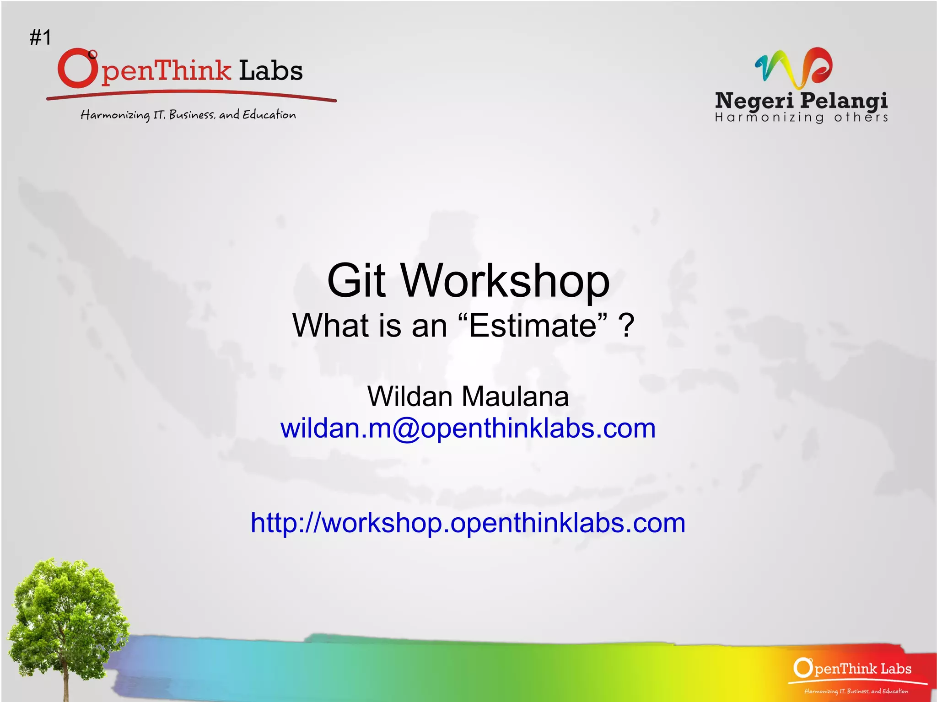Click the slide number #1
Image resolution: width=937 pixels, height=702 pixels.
[x=40, y=38]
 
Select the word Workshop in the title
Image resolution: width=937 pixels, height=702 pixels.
[x=505, y=281]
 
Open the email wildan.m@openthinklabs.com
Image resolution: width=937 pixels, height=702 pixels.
[x=468, y=429]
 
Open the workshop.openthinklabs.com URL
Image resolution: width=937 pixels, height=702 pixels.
[x=468, y=522]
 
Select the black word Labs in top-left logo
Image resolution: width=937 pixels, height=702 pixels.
[x=270, y=70]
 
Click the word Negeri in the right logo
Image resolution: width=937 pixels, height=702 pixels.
[x=754, y=101]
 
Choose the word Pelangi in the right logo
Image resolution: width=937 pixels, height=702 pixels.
[x=844, y=101]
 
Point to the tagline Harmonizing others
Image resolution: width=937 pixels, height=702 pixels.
[x=801, y=118]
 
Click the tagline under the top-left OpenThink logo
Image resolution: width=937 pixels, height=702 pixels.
[x=188, y=114]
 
